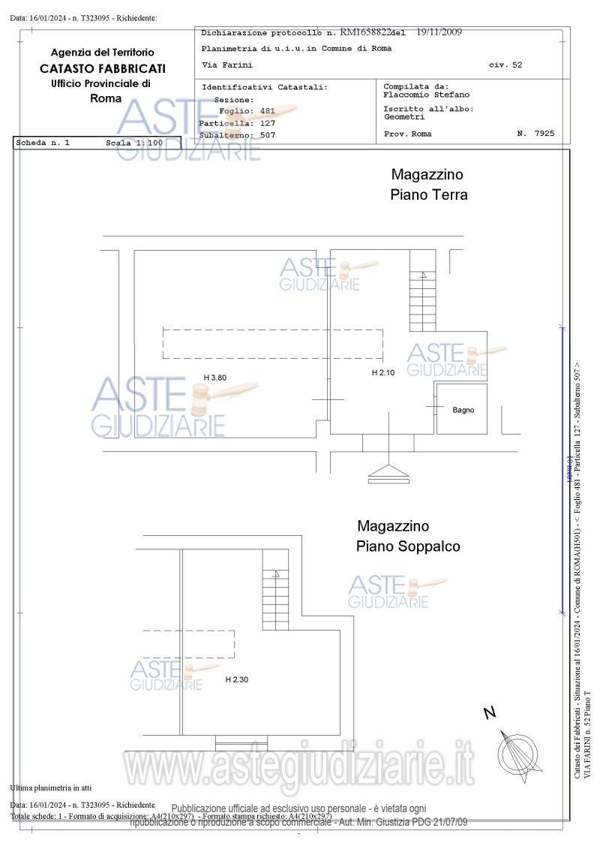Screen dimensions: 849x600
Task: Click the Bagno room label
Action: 463,410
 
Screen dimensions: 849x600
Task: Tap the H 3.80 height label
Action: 214,378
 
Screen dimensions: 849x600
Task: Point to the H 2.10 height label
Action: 383,373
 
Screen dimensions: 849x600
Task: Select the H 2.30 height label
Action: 236,679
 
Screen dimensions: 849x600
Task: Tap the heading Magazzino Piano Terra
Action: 428,185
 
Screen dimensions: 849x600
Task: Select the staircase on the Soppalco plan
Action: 274,598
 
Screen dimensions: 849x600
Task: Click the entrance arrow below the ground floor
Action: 388,473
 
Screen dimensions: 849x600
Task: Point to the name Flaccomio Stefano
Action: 426,95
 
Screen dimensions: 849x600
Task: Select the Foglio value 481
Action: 268,111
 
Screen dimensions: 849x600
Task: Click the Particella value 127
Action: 268,123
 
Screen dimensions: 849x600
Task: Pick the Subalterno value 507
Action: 268,135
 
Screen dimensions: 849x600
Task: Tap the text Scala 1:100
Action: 134,143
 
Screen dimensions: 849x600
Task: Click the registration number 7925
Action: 545,134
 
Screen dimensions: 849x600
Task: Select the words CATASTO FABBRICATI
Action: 103,68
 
